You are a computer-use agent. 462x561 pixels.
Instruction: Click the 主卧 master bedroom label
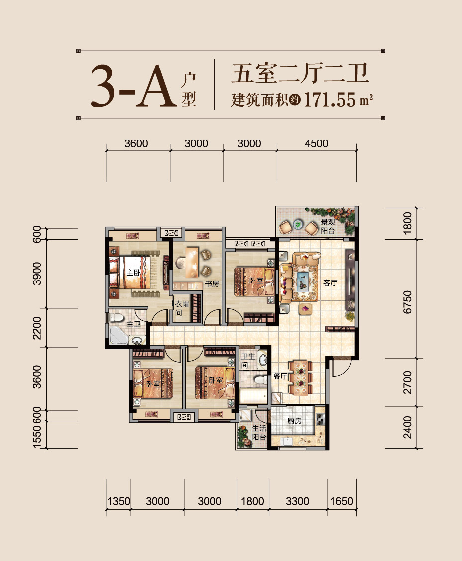tap(132, 273)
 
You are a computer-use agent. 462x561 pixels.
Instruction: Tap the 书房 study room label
tap(212, 284)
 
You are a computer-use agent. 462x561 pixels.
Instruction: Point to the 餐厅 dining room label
tap(280, 377)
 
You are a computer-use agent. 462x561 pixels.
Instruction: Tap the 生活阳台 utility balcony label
tap(258, 433)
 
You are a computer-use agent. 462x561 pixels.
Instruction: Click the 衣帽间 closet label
tap(180, 309)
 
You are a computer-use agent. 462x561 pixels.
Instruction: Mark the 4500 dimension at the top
tap(316, 143)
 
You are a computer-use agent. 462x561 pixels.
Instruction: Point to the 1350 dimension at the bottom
tap(118, 501)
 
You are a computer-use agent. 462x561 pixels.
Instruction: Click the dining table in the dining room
tap(301, 377)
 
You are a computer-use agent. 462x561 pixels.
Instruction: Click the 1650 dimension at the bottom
tap(342, 501)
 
